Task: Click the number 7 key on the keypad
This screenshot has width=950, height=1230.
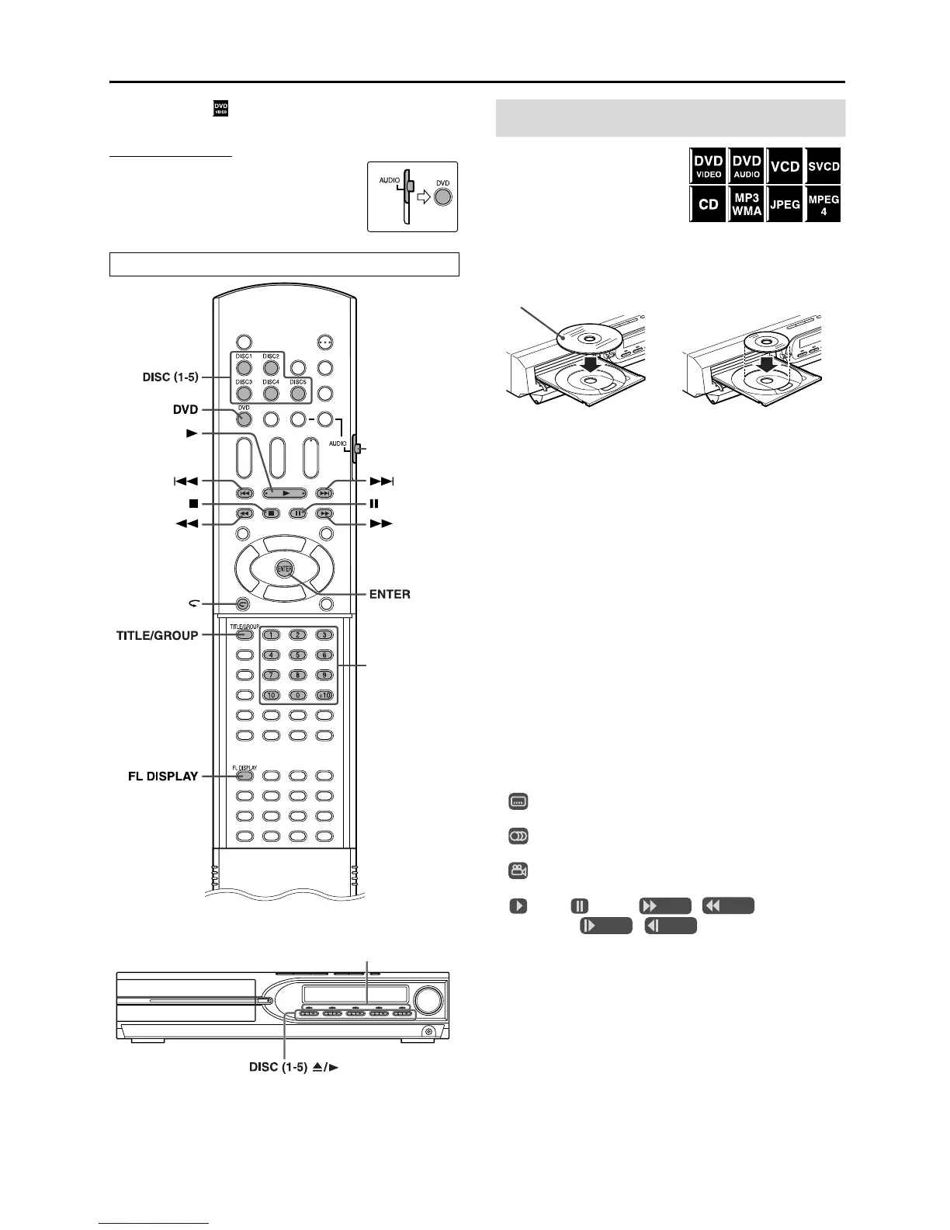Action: point(271,676)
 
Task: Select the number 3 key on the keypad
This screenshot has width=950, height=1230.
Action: point(324,635)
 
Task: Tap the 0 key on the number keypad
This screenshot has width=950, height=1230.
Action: point(297,696)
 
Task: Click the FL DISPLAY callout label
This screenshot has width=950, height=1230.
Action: point(163,776)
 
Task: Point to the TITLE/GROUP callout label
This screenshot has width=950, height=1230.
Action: point(157,634)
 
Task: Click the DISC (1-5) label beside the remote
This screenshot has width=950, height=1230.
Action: point(170,377)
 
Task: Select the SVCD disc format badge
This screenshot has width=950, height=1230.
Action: point(823,166)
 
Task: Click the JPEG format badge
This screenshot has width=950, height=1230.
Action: point(785,205)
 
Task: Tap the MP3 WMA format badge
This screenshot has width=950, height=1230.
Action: point(746,205)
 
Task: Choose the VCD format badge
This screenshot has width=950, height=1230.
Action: point(785,166)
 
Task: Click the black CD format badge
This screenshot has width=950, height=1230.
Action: point(708,205)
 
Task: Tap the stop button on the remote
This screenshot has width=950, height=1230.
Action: point(271,513)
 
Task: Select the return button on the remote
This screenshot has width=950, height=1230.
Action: point(244,603)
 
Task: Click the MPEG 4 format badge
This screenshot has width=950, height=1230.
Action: point(823,205)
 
